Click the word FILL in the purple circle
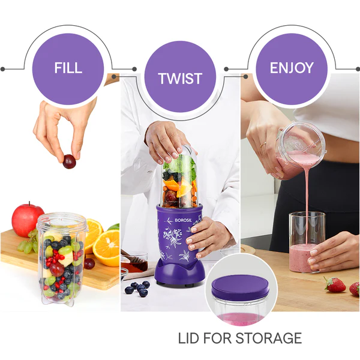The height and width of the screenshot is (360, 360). point(68,68)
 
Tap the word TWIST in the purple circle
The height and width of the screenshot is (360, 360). point(180,79)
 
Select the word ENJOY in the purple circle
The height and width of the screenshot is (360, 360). point(292,68)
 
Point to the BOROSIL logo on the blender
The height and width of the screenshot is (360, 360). point(183,220)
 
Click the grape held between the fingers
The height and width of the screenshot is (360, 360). point(69,161)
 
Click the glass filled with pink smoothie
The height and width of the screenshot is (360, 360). point(307,242)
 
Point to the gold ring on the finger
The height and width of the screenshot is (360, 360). point(263,145)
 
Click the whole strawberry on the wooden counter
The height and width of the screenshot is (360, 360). point(335,284)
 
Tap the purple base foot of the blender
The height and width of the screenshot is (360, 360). point(179,275)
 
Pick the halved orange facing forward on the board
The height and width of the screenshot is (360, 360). point(107,247)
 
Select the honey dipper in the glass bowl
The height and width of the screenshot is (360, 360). point(133,257)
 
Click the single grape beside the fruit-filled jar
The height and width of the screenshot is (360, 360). point(89,263)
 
